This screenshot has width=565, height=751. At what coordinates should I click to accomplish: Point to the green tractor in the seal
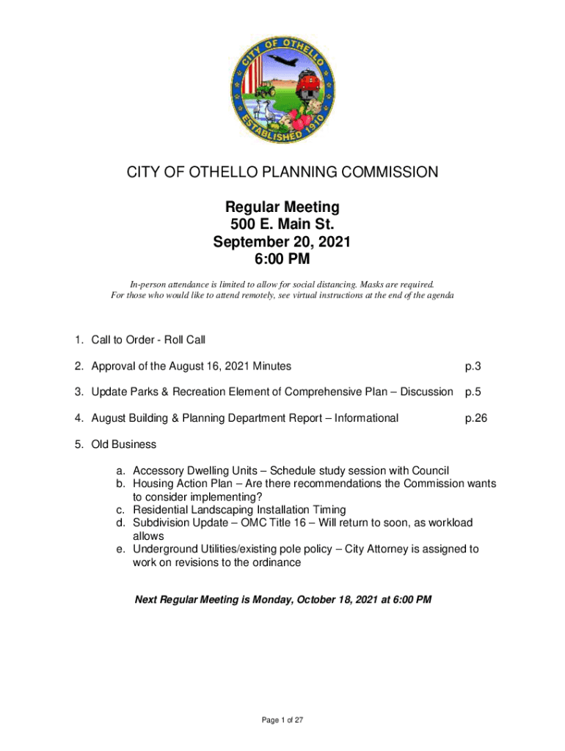[264, 90]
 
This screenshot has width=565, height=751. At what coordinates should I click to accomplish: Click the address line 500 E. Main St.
[282, 224]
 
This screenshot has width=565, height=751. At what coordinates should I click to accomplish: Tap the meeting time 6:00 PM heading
[282, 259]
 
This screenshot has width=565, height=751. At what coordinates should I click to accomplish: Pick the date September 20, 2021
[282, 241]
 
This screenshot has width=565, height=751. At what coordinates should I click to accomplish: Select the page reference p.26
[475, 418]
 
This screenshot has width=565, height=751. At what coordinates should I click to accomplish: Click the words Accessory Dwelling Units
[194, 471]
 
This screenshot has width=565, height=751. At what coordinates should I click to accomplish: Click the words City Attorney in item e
[384, 549]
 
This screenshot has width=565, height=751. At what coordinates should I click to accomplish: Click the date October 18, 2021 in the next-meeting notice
[323, 600]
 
